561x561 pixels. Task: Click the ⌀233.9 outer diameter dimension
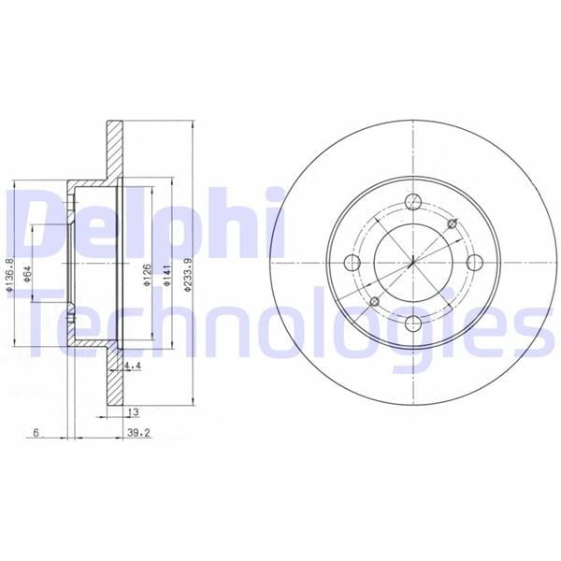click(x=188, y=275)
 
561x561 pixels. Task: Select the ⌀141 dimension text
click(x=167, y=275)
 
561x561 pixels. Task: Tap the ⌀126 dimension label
click(x=147, y=275)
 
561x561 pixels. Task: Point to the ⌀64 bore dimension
click(x=27, y=274)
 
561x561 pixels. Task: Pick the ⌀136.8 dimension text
click(x=10, y=274)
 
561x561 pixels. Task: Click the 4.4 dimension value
click(x=133, y=366)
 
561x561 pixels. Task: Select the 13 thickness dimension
click(x=133, y=412)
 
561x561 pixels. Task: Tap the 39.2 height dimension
click(x=138, y=433)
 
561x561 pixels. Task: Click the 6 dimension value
click(x=36, y=433)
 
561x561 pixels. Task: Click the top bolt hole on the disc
click(x=413, y=202)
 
